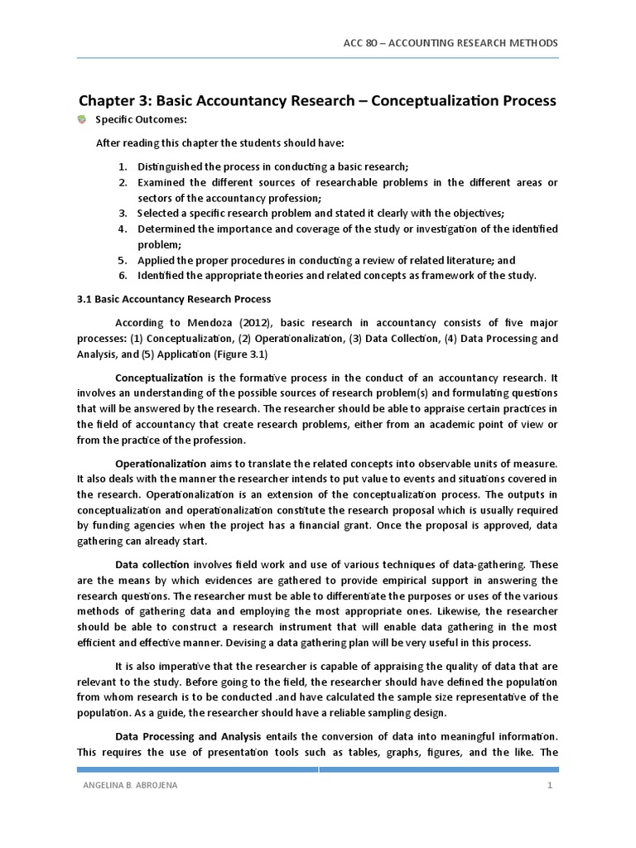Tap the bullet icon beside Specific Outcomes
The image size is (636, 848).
(x=82, y=121)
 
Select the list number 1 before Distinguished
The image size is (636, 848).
(x=122, y=166)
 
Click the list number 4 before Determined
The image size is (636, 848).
(x=122, y=229)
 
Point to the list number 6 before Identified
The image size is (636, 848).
(x=122, y=275)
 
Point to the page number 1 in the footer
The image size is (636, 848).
(x=548, y=786)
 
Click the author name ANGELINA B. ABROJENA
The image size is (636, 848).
(x=126, y=786)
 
